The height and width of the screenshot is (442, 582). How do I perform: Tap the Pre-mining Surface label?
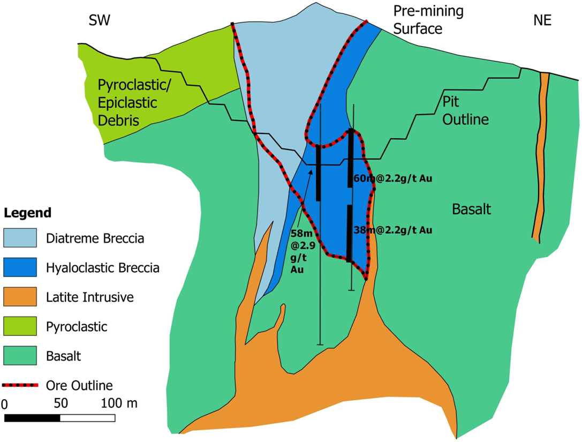click(428, 19)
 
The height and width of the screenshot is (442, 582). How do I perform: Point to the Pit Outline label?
click(465, 110)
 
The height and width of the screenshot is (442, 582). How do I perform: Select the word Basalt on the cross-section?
click(471, 209)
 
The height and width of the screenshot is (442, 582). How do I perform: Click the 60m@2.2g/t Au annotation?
click(392, 179)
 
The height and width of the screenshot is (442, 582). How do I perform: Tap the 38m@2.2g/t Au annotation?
click(392, 230)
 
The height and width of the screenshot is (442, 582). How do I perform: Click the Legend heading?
click(28, 213)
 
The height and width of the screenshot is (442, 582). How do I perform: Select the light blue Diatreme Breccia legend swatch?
click(20, 237)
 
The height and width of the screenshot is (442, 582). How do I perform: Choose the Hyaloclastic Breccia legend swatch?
click(20, 267)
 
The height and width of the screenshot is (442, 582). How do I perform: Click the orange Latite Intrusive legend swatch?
click(20, 296)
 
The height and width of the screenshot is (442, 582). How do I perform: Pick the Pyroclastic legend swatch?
click(20, 326)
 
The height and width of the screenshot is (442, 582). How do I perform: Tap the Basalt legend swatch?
click(20, 355)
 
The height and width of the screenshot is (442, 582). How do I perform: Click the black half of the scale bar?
click(32, 417)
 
